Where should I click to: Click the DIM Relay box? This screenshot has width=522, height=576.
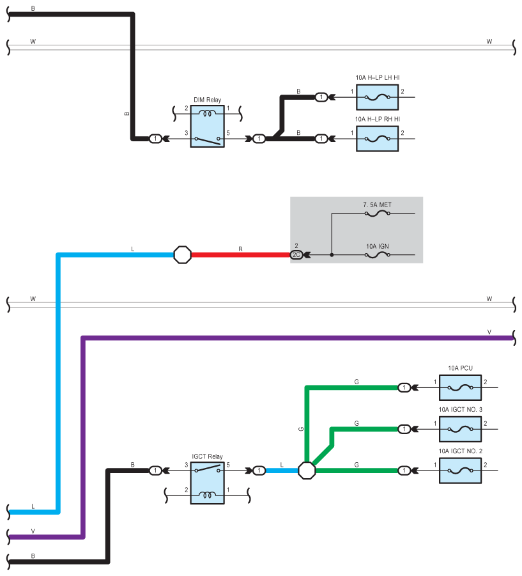(207, 127)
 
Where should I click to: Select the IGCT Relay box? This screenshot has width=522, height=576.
(207, 483)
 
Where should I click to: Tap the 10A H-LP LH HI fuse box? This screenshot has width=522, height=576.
(377, 97)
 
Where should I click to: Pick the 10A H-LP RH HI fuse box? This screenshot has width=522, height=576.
(377, 139)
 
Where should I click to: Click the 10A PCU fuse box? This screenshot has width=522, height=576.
(460, 387)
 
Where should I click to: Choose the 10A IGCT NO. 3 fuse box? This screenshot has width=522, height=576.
(460, 429)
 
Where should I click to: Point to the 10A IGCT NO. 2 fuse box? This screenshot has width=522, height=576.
(460, 471)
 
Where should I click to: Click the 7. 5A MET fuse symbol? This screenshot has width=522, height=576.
(377, 214)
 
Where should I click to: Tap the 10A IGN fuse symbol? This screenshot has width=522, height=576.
(377, 255)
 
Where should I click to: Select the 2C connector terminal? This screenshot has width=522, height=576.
(296, 255)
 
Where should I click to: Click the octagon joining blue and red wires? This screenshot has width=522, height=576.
(182, 255)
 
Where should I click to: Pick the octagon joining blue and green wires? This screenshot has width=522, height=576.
(307, 471)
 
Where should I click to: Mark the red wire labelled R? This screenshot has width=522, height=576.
(240, 255)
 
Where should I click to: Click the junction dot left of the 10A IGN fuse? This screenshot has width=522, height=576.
(332, 255)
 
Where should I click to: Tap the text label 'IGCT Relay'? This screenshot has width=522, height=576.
(207, 456)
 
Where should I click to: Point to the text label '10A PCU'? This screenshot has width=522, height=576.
(460, 368)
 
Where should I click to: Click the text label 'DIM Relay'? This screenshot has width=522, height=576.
(207, 100)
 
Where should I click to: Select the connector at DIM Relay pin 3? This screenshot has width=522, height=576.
(156, 139)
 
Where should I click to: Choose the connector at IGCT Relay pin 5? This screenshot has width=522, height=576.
(259, 471)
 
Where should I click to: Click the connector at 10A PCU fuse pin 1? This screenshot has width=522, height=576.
(404, 387)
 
